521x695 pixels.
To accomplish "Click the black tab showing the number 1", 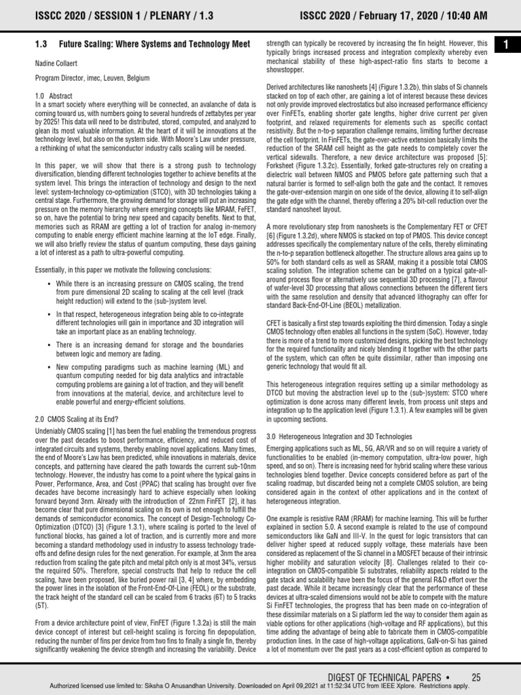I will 506,45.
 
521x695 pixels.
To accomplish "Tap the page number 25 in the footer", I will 476,677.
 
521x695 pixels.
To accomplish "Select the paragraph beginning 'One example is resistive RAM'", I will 377,574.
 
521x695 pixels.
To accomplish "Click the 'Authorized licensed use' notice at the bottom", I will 260,686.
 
